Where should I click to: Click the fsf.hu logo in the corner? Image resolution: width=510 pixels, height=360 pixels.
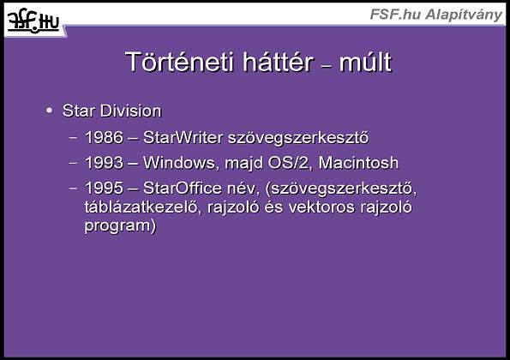33,21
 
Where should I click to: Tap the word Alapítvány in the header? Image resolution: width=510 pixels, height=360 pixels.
464,15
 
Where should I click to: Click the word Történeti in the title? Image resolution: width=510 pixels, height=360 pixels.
179,62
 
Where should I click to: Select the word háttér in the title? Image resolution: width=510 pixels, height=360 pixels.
278,62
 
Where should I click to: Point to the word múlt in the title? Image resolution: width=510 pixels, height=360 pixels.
365,62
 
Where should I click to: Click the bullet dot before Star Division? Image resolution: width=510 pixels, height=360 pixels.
49,111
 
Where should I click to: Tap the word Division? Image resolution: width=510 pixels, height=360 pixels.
131,111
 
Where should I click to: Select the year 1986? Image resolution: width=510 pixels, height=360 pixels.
104,137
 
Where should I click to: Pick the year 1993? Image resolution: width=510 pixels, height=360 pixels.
104,163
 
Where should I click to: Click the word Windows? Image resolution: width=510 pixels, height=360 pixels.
179,163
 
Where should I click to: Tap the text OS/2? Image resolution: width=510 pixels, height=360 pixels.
288,163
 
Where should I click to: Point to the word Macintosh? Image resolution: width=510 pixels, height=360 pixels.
358,163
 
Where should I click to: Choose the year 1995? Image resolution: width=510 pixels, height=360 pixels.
104,188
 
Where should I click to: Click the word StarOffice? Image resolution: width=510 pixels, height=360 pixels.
183,188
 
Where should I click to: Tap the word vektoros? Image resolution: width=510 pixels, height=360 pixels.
321,207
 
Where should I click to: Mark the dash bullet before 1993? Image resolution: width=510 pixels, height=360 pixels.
73,163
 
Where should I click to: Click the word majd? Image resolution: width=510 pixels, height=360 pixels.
244,163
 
